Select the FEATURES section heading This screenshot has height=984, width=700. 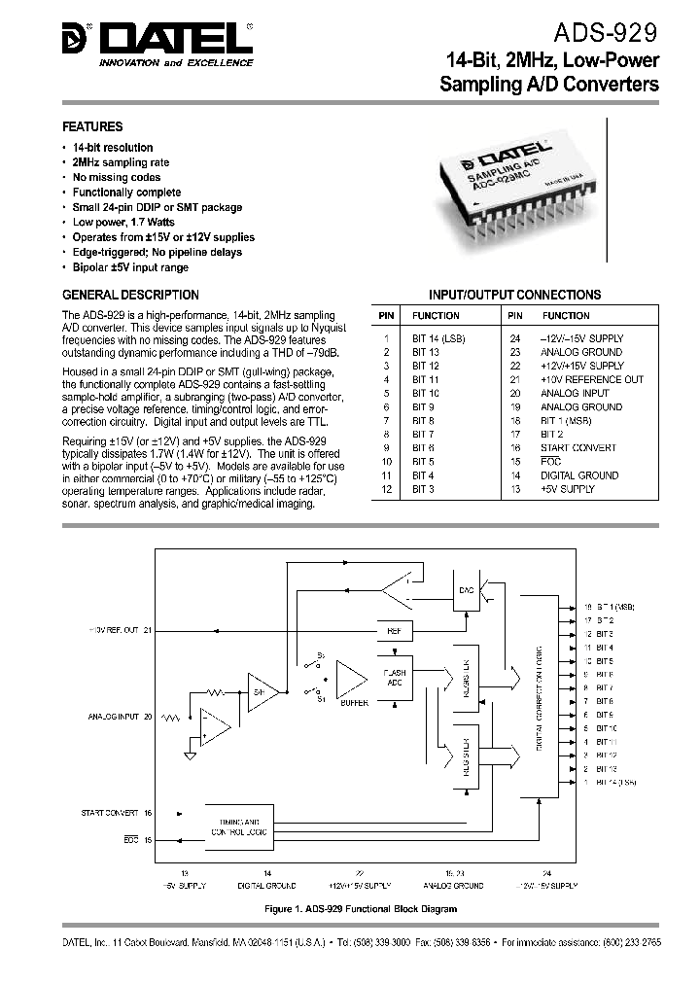pos(92,126)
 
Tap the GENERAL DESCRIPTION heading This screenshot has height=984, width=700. pos(130,295)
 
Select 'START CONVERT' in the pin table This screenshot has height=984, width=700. pos(578,447)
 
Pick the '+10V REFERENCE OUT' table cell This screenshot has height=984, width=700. pos(592,379)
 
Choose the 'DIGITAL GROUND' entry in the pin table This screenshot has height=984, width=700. pos(579,475)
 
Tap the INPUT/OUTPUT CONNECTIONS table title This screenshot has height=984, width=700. pos(515,295)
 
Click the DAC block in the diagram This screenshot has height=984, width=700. pos(466,591)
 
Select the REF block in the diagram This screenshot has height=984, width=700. pos(394,632)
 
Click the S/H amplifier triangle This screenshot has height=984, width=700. pos(262,689)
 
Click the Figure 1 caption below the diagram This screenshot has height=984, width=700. pos(360,908)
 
